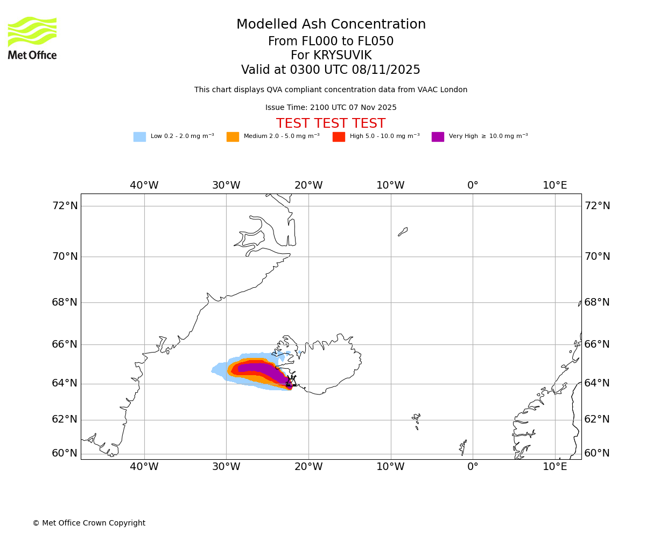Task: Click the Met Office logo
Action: pos(32,38)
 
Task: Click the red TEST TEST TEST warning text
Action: pos(331,123)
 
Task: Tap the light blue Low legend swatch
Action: pos(139,137)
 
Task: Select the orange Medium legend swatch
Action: pos(233,137)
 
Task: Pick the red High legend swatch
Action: pos(339,137)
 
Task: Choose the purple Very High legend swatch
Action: pos(438,137)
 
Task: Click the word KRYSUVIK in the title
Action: pos(342,56)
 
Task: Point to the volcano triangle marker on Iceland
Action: pos(291,382)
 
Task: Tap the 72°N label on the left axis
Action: pos(65,205)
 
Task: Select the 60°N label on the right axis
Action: pos(597,453)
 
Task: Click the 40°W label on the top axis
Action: pos(144,185)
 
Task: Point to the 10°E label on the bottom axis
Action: pos(555,466)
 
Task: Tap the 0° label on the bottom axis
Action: pos(473,466)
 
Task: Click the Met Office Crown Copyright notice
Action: pos(89,523)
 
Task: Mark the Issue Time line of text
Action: pos(331,108)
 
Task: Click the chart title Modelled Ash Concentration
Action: pos(331,24)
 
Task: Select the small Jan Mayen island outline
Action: pos(403,232)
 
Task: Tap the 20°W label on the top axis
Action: pos(308,185)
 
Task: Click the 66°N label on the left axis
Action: pos(65,344)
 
